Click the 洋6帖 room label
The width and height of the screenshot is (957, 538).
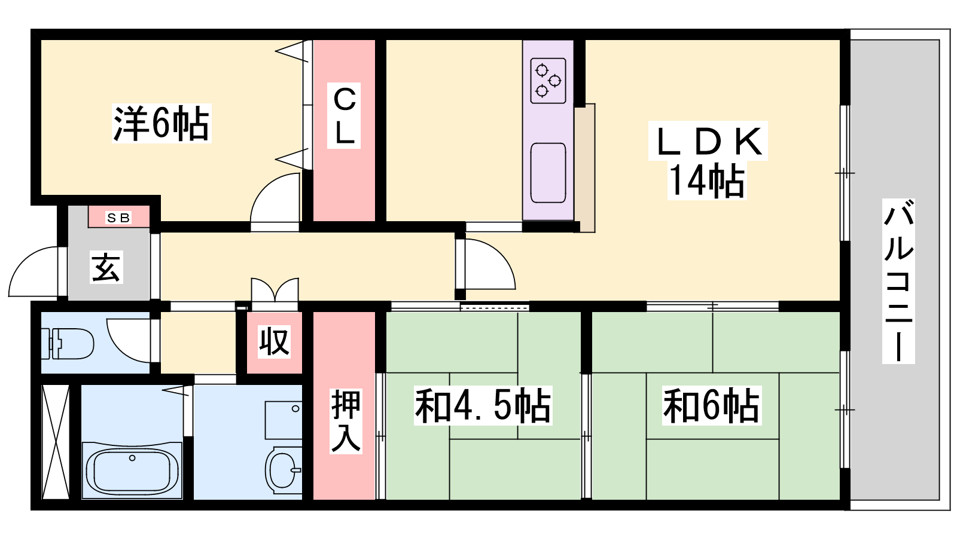point(161,123)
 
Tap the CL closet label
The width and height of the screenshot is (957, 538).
point(344,115)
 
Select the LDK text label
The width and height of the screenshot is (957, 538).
point(708,141)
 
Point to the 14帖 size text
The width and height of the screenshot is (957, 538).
point(706,181)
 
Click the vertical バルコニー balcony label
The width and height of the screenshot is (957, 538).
point(898,281)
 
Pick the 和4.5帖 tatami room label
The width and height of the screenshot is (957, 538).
point(483,405)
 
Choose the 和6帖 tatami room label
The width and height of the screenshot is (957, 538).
point(712,405)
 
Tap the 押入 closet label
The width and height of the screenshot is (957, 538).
point(346,421)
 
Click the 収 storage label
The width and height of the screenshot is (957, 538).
point(275,341)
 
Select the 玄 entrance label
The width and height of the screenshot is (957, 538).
point(106,268)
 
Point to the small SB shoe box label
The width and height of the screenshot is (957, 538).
point(118,218)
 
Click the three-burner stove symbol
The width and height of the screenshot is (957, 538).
point(548,81)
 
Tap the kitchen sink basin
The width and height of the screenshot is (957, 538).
point(548,173)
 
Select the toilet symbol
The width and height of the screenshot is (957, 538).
point(68,343)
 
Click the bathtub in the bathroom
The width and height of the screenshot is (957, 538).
point(132,470)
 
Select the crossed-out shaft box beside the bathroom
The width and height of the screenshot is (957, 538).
point(56,442)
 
